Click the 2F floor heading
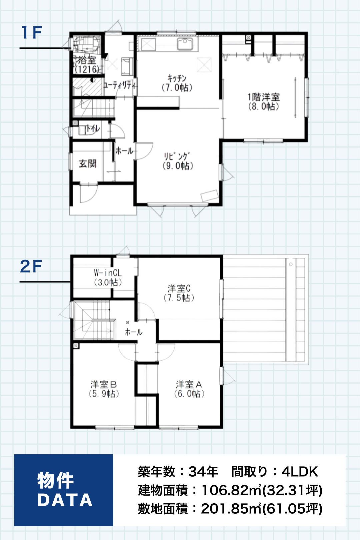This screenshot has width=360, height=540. click(x=31, y=266)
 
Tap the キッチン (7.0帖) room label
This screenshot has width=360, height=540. click(x=177, y=83)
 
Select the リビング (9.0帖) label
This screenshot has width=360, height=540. click(x=178, y=161)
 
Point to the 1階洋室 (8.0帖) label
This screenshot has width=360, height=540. click(x=264, y=101)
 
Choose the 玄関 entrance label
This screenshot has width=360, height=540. click(x=88, y=164)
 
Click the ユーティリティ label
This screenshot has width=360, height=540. click(x=120, y=85)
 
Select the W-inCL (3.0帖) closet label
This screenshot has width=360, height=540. click(x=108, y=278)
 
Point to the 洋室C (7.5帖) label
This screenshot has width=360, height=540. click(x=179, y=293)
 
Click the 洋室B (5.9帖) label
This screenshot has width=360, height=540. click(x=104, y=389)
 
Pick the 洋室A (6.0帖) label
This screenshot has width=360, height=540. click(x=189, y=389)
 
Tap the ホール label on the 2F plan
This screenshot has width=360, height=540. click(x=133, y=332)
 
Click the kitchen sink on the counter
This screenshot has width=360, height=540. click(x=185, y=44)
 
